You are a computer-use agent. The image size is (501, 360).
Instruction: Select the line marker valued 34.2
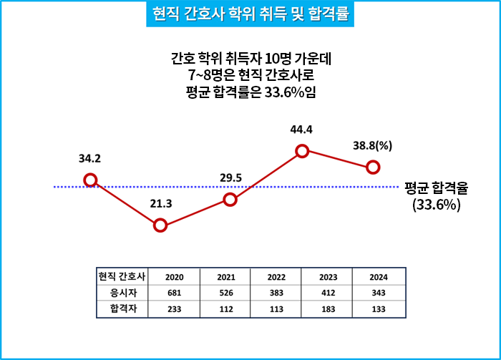point(90,180)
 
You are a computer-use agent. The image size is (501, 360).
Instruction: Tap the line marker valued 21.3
point(160,225)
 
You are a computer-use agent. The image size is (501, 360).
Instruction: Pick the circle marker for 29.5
point(230,200)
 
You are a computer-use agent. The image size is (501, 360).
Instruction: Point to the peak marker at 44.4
point(302,150)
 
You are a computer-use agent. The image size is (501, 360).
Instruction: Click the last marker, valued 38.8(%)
point(372,167)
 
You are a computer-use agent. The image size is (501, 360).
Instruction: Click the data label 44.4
point(301,130)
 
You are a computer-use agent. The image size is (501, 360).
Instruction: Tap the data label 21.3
point(160,204)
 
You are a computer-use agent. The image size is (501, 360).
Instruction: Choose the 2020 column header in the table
point(175,276)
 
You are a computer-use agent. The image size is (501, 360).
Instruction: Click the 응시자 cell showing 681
point(175,293)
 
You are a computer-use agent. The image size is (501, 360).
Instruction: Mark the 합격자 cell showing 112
point(225,309)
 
